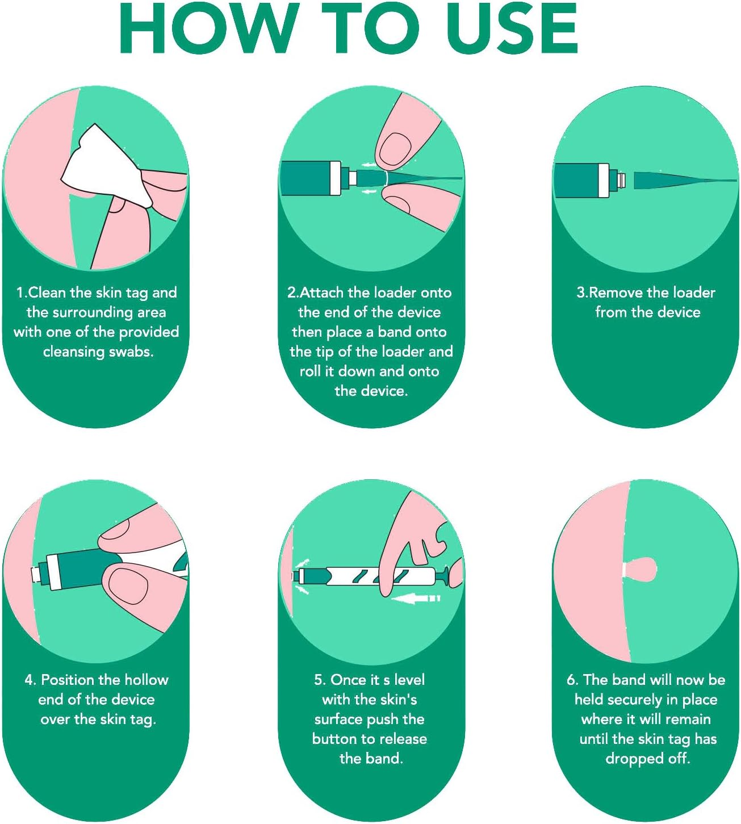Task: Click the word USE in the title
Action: point(512,28)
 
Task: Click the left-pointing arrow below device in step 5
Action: point(417,598)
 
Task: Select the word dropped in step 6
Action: point(634,759)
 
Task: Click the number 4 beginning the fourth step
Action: point(29,680)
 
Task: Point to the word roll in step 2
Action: point(310,371)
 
